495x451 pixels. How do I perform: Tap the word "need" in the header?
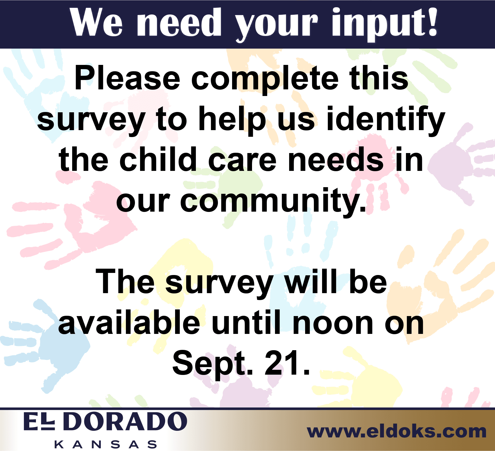(x=180, y=23)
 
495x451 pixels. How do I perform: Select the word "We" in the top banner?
(x=97, y=23)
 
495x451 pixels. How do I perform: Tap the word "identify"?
(x=386, y=120)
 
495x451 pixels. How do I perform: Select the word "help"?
(x=232, y=120)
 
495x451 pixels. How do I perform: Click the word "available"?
(x=129, y=323)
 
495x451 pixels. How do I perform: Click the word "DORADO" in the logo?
(x=126, y=421)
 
